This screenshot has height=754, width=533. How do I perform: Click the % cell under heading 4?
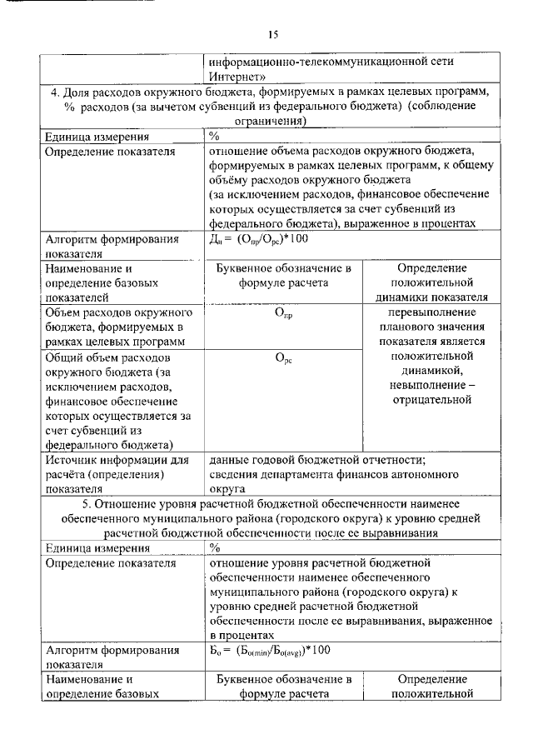[x=214, y=137]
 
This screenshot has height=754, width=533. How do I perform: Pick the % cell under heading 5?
[x=214, y=548]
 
